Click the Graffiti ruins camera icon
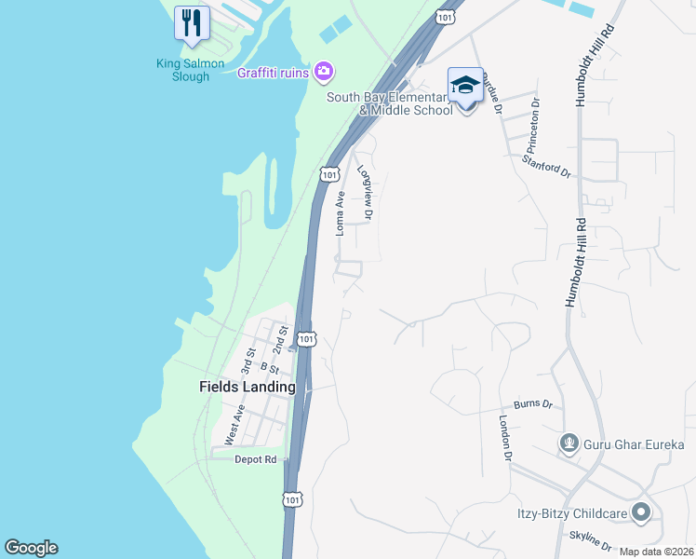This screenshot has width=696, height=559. (324, 71)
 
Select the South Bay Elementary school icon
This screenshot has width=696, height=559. (465, 87)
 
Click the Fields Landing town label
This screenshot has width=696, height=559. (248, 387)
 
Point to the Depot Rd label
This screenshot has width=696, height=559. (256, 459)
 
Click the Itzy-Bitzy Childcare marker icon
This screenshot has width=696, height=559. (640, 512)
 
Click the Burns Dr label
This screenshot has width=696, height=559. (533, 405)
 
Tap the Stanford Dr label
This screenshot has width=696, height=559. (547, 169)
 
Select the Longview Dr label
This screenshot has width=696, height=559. (367, 194)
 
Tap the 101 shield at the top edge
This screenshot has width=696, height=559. (446, 18)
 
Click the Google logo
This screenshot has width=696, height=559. (31, 548)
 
